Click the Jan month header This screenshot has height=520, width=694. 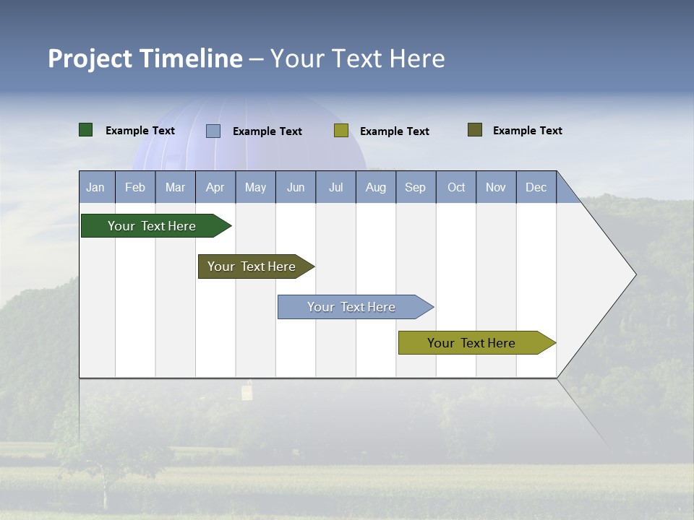96,187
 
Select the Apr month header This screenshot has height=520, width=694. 215,187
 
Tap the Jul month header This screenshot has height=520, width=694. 335,187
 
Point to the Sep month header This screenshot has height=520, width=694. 416,187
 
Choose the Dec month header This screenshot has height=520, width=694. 536,187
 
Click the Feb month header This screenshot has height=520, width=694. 135,187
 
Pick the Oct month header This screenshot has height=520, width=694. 456,187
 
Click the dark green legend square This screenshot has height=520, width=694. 86,130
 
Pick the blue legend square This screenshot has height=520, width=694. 213,131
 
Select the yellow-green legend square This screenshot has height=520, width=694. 341,131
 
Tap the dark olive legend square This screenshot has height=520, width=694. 475,130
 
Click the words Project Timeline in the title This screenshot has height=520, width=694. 145,58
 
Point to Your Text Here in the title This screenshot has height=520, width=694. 357,58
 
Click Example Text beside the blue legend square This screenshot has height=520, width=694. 267,131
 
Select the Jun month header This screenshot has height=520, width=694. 296,187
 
